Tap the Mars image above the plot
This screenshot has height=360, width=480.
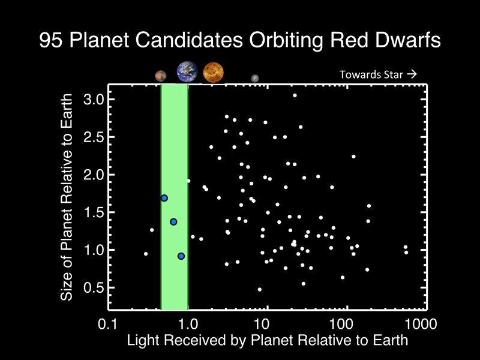(160, 76)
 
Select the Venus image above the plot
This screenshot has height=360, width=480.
(213, 73)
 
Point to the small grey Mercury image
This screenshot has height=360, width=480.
(255, 78)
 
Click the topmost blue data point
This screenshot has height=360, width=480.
(164, 198)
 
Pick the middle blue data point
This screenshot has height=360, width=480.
(173, 221)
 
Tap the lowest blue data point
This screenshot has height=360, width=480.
(181, 256)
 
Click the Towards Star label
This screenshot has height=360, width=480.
(377, 75)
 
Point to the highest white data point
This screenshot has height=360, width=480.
(295, 95)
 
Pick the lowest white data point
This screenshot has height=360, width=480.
(260, 289)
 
